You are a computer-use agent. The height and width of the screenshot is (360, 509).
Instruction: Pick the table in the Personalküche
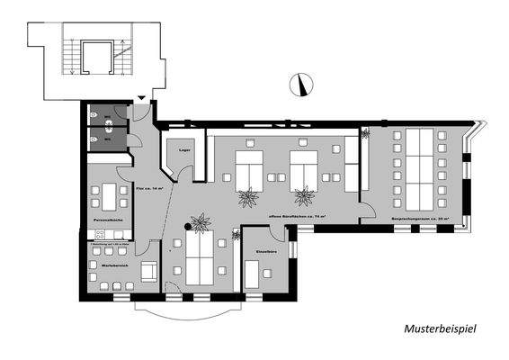pos(111,194)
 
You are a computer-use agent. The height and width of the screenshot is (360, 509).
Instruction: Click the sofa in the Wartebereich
pos(149,269)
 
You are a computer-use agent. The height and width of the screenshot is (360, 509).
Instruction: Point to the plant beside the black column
pos(201,220)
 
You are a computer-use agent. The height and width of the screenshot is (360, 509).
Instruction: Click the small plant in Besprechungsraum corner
pos(365,134)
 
